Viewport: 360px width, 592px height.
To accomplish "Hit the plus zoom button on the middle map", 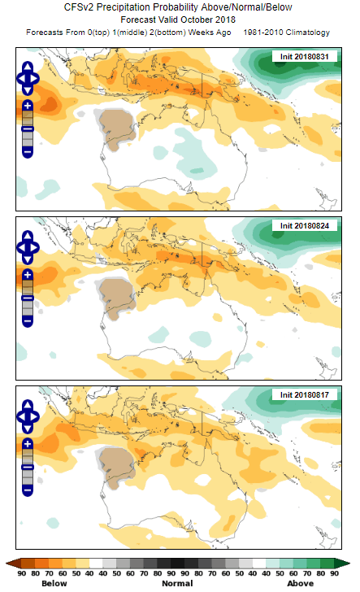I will [27, 275].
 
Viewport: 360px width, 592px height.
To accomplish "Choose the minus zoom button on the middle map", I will [27, 320].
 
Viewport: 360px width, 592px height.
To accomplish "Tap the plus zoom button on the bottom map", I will [27, 444].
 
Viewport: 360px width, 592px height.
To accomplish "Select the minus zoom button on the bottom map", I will [27, 490].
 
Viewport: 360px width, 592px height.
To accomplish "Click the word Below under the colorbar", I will [54, 583].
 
